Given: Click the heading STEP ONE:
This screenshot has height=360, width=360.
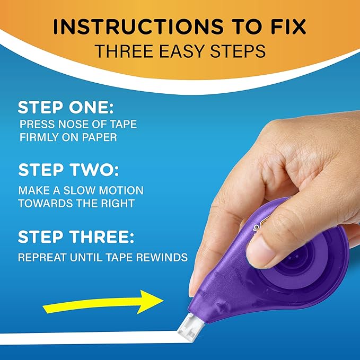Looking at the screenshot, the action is coord(66,108).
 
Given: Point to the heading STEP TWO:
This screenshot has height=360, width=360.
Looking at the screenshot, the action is coord(68,170).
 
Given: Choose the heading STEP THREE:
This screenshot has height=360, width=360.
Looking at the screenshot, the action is coord(76,236).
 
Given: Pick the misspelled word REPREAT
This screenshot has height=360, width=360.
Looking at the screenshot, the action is coord(42,257).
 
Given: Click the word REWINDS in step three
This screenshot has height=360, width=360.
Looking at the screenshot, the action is coord(162,257).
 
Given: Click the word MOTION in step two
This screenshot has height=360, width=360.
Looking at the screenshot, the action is coord(121,190).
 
